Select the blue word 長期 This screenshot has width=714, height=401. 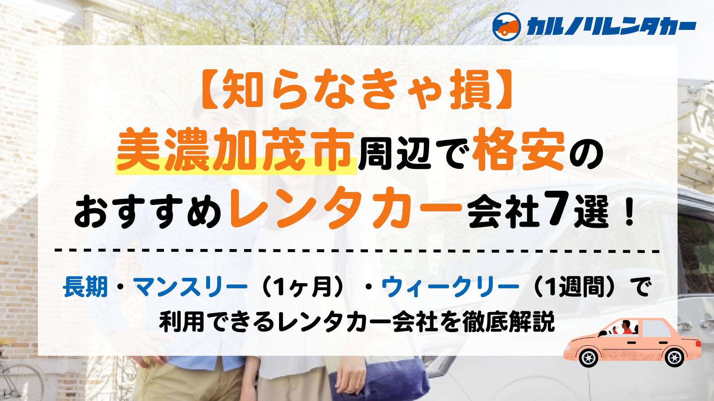pyautogui.click(x=86, y=287)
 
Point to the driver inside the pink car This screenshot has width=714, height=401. pyautogui.click(x=625, y=327)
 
